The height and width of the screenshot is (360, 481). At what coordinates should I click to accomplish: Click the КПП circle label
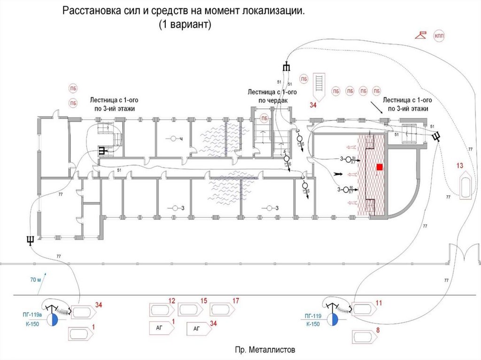pos(440,36)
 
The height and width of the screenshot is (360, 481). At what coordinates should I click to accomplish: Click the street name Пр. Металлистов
pos(266,350)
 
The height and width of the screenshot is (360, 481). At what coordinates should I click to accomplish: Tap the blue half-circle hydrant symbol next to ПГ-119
pos(334,320)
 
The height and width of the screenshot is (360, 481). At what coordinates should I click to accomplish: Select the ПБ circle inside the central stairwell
pos(265,119)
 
